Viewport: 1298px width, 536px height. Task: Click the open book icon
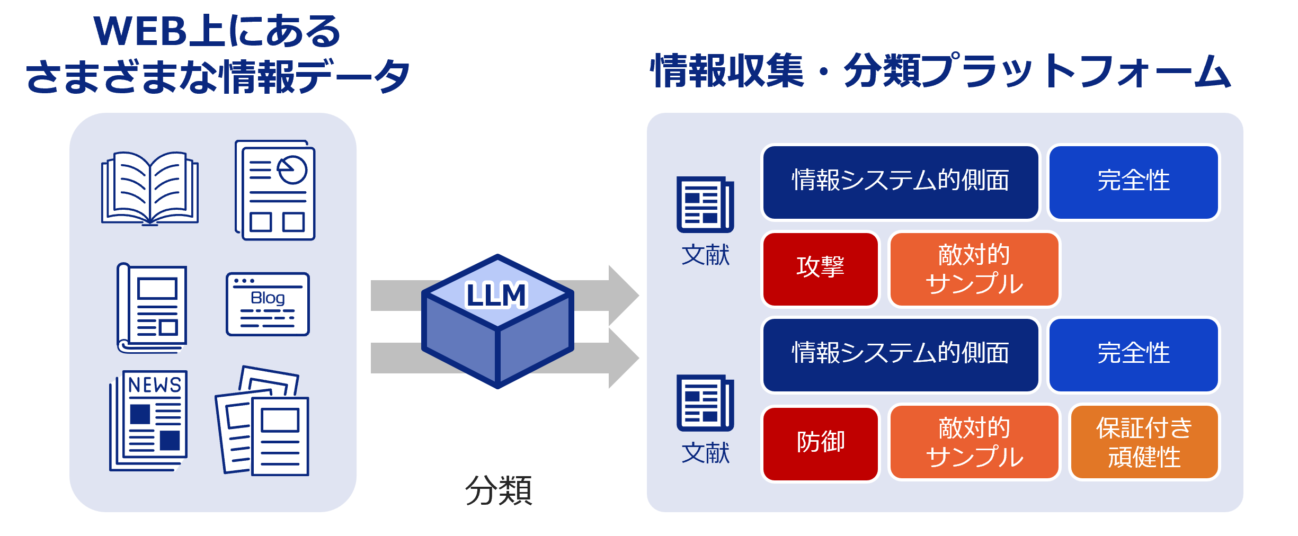click(x=150, y=188)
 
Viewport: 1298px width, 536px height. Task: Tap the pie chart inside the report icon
click(x=292, y=169)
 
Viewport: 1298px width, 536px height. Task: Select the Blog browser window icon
click(x=268, y=304)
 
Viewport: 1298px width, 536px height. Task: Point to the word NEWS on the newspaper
click(x=155, y=385)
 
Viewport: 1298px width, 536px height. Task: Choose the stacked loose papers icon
click(x=262, y=421)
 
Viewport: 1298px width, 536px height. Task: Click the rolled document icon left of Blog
click(x=152, y=308)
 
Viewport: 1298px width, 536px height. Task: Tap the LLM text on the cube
click(x=496, y=295)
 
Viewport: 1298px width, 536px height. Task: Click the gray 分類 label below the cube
click(x=499, y=490)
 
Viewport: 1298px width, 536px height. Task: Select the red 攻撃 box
click(x=820, y=269)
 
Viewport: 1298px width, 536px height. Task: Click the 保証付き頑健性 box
click(x=1144, y=442)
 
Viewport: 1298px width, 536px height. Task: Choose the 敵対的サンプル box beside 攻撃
click(x=974, y=269)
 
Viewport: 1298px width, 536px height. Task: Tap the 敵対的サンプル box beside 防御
click(x=974, y=442)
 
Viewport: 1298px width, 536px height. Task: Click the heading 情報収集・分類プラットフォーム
click(x=941, y=71)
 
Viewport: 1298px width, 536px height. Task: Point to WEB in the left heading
click(x=140, y=32)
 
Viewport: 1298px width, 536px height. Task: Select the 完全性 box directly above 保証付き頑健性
click(x=1134, y=354)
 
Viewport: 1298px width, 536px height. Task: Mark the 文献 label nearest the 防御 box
click(x=705, y=453)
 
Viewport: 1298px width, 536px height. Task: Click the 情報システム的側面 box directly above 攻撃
click(x=900, y=182)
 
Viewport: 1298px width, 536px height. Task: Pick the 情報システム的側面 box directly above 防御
click(x=900, y=354)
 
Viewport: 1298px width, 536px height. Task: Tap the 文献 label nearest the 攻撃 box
click(x=705, y=255)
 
